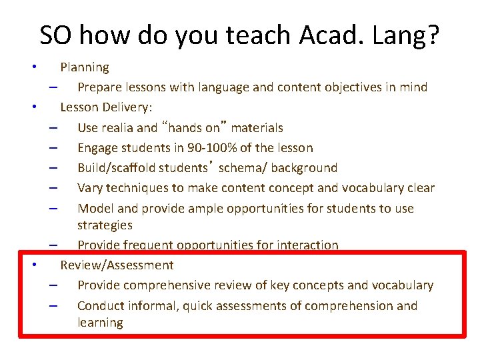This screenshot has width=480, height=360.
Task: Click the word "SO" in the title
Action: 55,35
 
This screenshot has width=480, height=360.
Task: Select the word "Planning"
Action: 85,67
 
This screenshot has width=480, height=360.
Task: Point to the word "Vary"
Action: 89,188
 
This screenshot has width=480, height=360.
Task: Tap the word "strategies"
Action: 105,225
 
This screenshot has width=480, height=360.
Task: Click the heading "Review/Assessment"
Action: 117,265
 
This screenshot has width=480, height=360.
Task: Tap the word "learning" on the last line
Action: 100,323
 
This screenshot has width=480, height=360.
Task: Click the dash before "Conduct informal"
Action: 53,306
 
